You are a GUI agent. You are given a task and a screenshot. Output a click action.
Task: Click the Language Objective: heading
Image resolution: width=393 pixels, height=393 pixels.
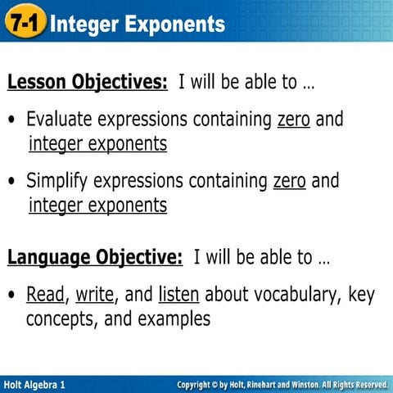point(95,258)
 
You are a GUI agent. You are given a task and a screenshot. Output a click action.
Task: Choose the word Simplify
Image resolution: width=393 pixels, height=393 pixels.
point(56,180)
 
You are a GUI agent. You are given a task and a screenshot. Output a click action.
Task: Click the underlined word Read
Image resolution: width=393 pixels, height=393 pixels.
point(45,294)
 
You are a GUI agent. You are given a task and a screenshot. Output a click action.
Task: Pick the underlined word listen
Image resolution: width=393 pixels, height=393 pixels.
point(178,294)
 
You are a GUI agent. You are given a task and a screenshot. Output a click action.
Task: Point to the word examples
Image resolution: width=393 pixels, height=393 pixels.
point(172,318)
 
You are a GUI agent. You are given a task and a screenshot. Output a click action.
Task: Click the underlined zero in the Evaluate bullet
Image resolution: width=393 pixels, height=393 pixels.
point(294,120)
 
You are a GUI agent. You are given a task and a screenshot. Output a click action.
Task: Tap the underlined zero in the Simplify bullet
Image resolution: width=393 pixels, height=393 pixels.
point(289,180)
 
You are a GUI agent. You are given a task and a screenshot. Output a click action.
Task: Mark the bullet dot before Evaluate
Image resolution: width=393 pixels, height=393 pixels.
point(12,120)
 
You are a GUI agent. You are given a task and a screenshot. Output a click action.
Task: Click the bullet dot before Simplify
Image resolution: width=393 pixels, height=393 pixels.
point(12,181)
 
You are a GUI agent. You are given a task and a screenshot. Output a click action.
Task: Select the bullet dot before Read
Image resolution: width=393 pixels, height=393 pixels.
point(12,295)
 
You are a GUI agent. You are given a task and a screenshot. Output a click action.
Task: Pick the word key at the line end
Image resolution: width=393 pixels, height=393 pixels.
point(360,294)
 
